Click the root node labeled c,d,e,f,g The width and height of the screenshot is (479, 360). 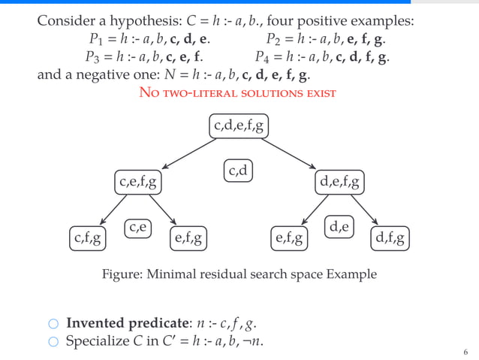click(239, 126)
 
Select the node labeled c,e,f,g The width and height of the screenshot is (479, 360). click(139, 182)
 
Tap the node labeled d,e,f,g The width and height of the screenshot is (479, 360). click(339, 182)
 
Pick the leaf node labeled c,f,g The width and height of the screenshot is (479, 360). click(88, 238)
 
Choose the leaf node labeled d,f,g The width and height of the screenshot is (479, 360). click(390, 238)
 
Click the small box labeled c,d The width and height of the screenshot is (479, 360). click(238, 171)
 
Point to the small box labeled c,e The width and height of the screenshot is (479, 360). click(137, 226)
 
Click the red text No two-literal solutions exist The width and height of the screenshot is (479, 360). click(237, 93)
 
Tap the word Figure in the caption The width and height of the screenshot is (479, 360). click(121, 274)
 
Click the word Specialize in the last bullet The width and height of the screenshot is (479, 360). click(98, 341)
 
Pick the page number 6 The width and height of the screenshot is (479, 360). click(465, 352)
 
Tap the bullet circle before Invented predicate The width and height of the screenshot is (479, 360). click(53, 324)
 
